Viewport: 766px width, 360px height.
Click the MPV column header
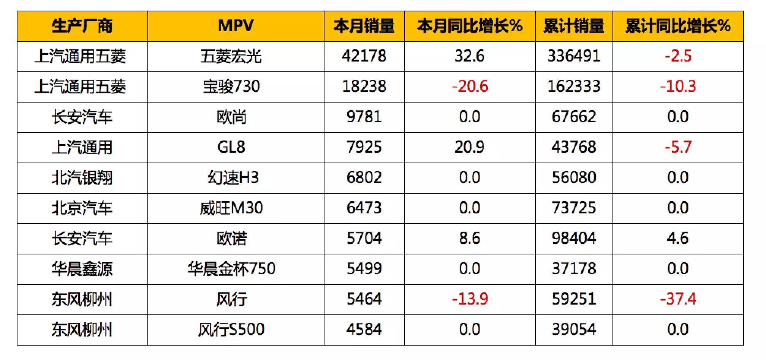coord(236,26)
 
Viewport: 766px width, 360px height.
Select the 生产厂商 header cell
coord(82,26)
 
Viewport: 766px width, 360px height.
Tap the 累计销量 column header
coord(574,26)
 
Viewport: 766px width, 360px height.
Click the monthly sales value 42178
coord(364,56)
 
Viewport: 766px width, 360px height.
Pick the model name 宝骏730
coord(231,87)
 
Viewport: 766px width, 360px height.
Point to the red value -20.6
coord(470,87)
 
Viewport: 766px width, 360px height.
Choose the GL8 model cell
coord(231,147)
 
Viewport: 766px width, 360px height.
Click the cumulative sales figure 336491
coord(574,56)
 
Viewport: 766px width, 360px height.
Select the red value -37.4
coord(678,299)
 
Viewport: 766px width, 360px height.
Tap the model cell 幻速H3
coord(233,178)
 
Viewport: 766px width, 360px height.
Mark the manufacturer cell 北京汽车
coord(82,208)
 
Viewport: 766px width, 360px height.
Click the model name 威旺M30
coord(231,208)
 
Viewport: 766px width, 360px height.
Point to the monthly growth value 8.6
coord(470,238)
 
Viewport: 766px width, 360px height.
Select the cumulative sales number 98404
coord(574,238)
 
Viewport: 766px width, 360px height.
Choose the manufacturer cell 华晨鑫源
coord(82,269)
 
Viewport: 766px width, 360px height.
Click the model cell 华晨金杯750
coord(231,269)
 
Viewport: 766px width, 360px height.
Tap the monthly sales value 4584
coord(364,330)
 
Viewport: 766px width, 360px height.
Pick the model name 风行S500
coord(231,330)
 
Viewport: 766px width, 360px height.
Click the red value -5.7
coord(678,147)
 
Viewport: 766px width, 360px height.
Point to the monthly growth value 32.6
coord(470,56)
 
